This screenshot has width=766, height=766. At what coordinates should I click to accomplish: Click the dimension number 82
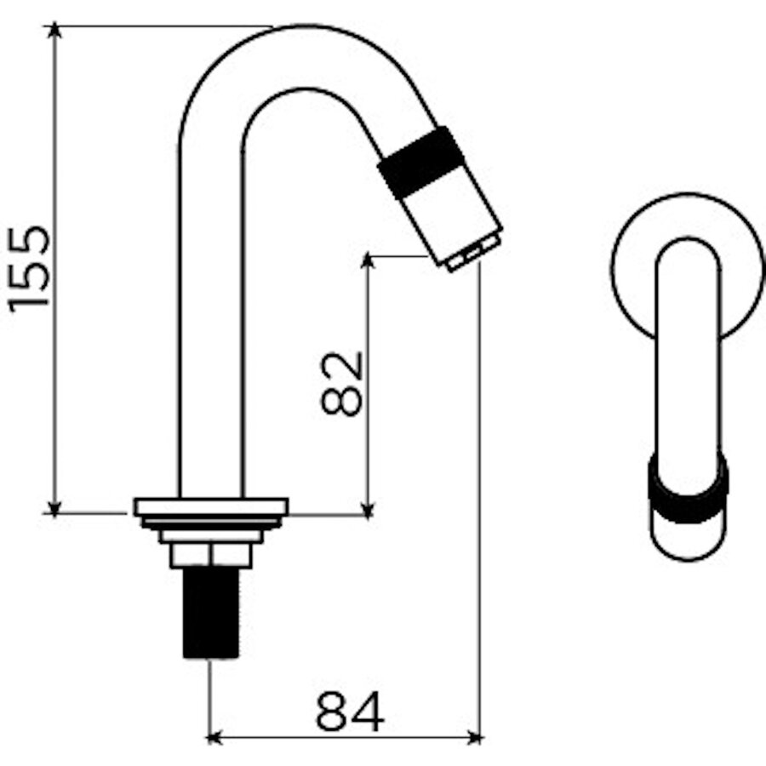342,382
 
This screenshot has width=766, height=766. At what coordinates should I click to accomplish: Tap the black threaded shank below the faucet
210,613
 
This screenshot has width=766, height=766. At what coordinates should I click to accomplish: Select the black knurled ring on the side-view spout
421,162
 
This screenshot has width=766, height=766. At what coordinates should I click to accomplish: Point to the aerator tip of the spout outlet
472,254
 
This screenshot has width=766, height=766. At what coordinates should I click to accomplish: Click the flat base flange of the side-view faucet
210,506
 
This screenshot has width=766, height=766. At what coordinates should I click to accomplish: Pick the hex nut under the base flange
210,556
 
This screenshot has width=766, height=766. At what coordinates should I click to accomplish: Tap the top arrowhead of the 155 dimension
54,31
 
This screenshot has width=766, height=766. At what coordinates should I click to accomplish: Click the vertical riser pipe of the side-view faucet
210,340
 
